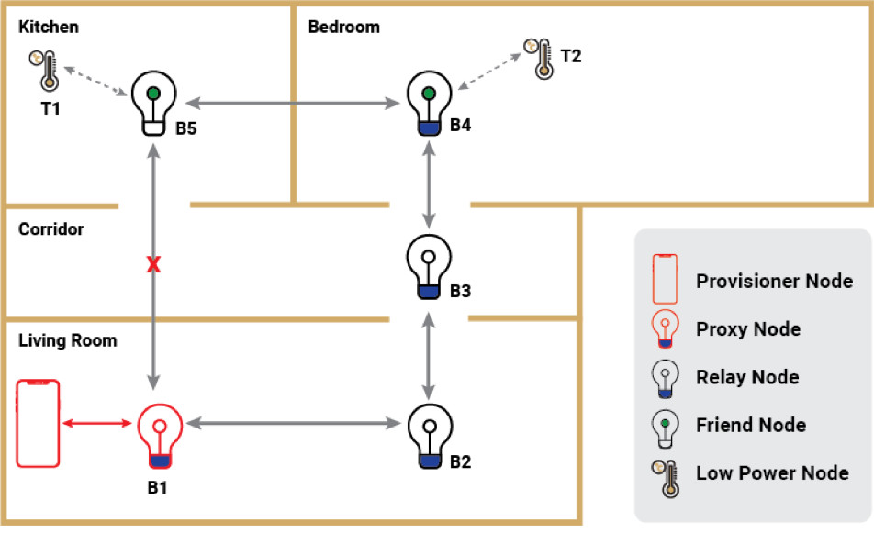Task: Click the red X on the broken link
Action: (x=154, y=266)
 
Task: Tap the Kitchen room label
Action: (x=48, y=27)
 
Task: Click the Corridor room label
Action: (x=50, y=229)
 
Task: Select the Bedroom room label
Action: (x=343, y=27)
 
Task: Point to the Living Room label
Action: (x=68, y=341)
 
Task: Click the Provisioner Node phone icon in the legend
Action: (x=667, y=279)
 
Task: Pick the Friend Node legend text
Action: (x=751, y=425)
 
